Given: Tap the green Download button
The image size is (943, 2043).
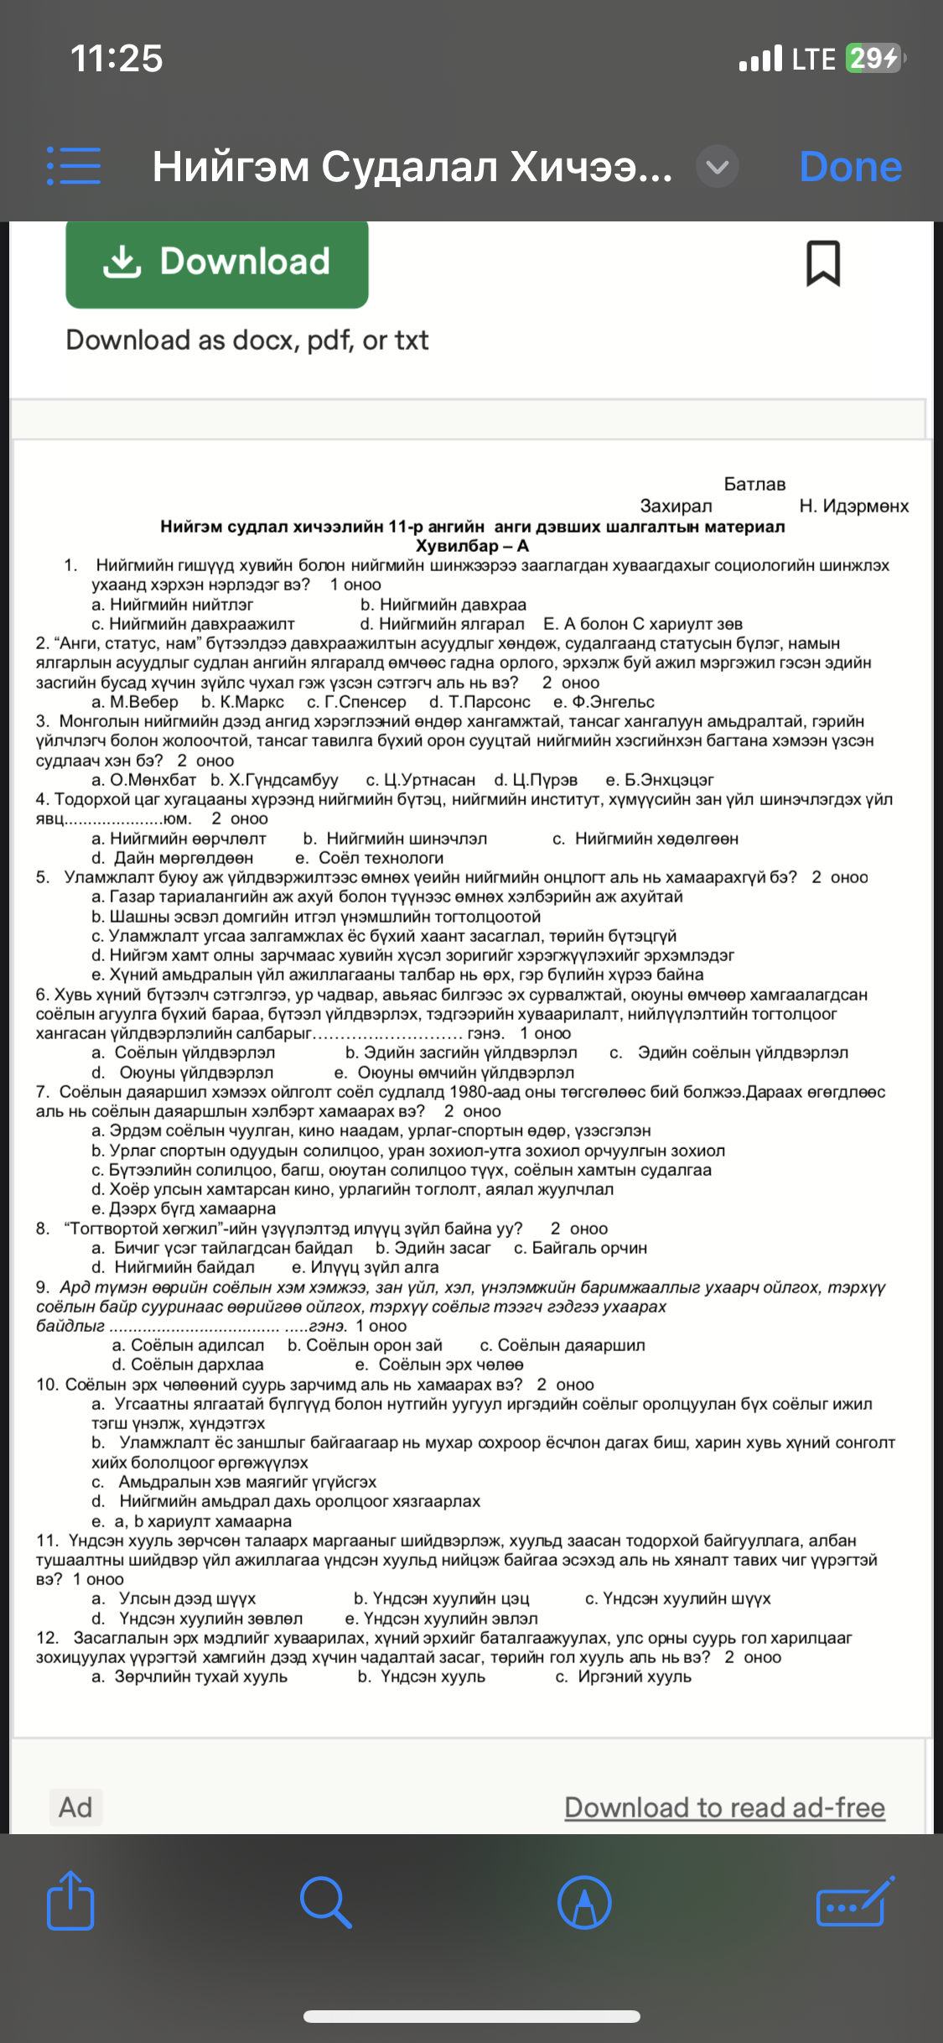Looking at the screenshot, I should pyautogui.click(x=217, y=263).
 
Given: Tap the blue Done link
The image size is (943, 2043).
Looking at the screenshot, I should pyautogui.click(x=850, y=166).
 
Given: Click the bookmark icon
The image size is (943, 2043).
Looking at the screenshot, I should pyautogui.click(x=822, y=263).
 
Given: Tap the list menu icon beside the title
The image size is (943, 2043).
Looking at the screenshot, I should pyautogui.click(x=74, y=166).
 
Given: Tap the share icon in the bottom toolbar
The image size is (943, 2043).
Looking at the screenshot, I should pyautogui.click(x=70, y=1900).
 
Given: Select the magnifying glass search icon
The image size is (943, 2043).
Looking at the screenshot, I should pyautogui.click(x=325, y=1902).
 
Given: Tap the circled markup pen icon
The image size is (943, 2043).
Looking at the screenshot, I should pyautogui.click(x=584, y=1902).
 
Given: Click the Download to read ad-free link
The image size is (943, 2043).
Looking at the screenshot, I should pyautogui.click(x=724, y=1807).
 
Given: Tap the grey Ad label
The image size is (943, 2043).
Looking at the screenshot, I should pyautogui.click(x=75, y=1806).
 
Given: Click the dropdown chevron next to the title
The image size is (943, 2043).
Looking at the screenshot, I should pyautogui.click(x=718, y=166).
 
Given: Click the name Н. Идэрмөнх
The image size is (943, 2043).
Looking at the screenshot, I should pyautogui.click(x=853, y=506).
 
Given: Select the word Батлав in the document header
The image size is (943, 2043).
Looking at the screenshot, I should pyautogui.click(x=754, y=484).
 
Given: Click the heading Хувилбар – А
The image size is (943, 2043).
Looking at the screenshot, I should pyautogui.click(x=472, y=546).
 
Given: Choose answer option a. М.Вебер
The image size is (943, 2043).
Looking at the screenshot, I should pyautogui.click(x=135, y=702).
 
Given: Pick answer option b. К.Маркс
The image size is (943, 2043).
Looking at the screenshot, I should pyautogui.click(x=242, y=702).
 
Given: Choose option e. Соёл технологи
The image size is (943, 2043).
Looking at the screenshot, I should pyautogui.click(x=369, y=858).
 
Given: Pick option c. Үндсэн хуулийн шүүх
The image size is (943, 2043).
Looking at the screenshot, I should pyautogui.click(x=677, y=1599).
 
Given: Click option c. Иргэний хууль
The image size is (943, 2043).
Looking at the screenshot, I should pyautogui.click(x=623, y=1677).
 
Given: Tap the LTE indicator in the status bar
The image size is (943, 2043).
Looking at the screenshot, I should pyautogui.click(x=814, y=59).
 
